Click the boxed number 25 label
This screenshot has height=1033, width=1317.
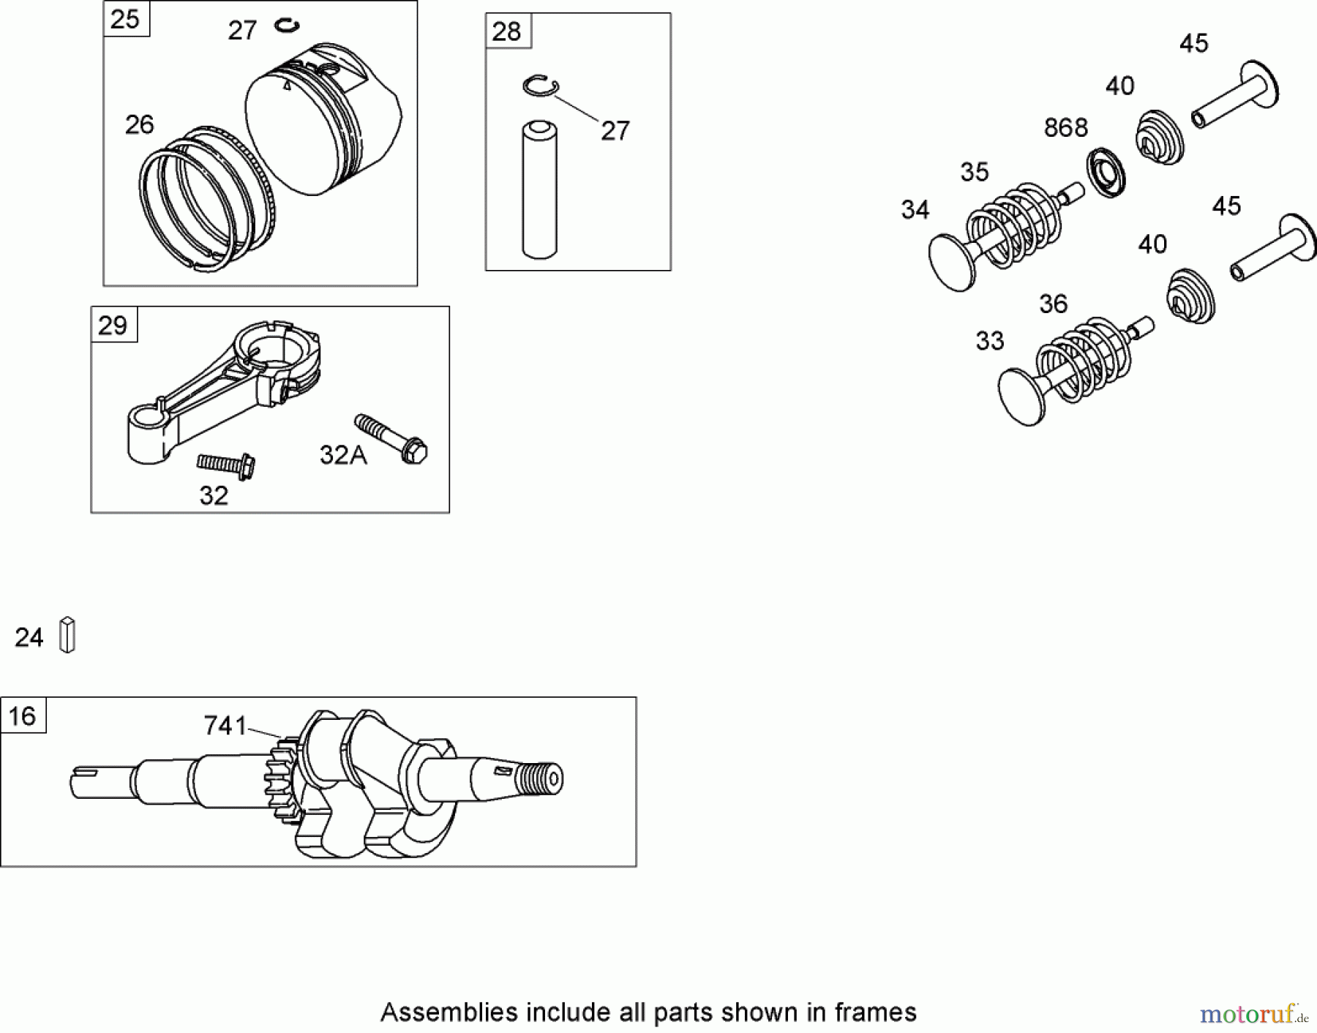(x=126, y=19)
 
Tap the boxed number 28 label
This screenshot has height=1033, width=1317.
(x=507, y=31)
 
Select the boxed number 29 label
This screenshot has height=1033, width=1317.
(x=113, y=325)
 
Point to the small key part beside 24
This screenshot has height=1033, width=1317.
(x=67, y=634)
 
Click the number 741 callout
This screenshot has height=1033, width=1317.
(x=225, y=725)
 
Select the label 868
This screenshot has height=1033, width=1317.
(x=1065, y=128)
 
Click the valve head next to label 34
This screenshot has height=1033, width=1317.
(x=952, y=263)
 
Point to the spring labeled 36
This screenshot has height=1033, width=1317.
(x=1085, y=358)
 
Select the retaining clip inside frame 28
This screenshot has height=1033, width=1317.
(x=541, y=85)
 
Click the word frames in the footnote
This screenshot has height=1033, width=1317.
(x=874, y=1013)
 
